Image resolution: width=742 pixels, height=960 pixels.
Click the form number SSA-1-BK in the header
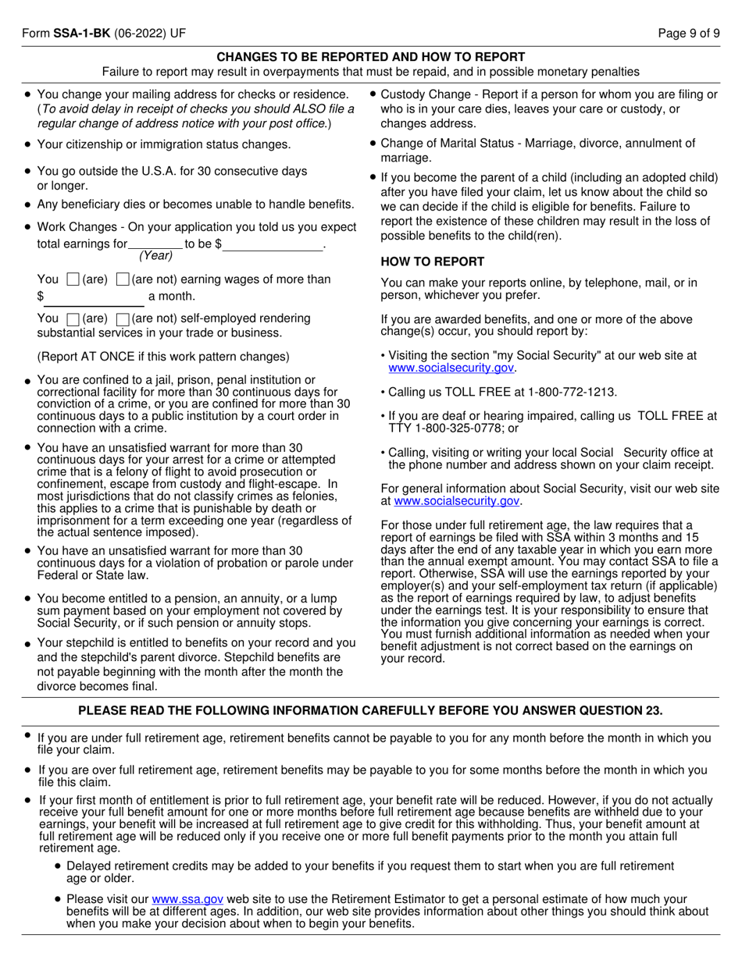[81, 34]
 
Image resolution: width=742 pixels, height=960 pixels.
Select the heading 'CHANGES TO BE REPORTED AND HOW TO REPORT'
[370, 57]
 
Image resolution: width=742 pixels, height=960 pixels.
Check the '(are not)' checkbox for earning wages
[123, 279]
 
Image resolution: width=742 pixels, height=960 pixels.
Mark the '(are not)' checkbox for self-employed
[123, 318]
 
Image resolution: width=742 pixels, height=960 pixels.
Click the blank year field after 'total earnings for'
[155, 244]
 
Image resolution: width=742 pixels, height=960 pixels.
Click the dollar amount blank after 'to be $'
[273, 244]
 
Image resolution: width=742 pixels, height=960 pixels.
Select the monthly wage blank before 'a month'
[95, 297]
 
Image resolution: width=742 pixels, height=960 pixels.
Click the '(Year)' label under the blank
[155, 256]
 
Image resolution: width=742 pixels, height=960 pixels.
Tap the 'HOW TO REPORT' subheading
[433, 261]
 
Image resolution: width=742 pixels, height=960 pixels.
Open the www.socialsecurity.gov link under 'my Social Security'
[451, 368]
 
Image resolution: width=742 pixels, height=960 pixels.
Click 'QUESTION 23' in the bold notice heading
[621, 710]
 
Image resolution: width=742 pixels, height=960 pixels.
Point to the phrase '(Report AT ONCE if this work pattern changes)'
[163, 357]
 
